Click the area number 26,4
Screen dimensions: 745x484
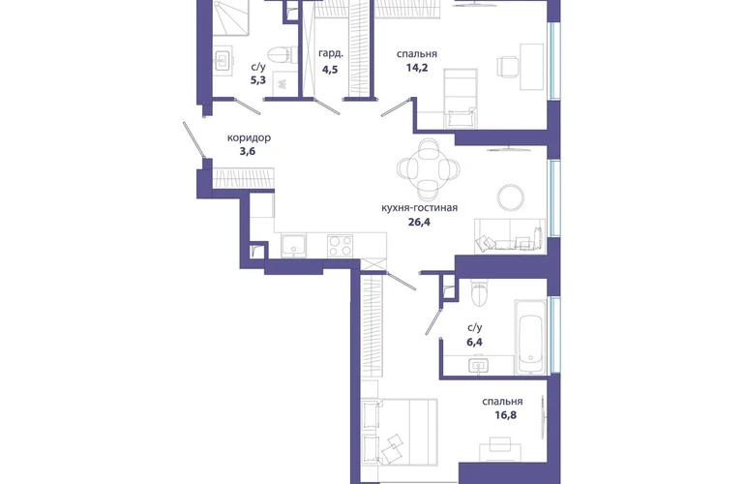(x=419, y=222)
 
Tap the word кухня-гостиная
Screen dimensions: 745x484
(x=420, y=208)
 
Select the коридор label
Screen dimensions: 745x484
(x=249, y=137)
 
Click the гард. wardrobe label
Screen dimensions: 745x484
(x=331, y=54)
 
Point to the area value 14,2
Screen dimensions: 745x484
(x=417, y=68)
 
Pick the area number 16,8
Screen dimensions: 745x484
(x=505, y=415)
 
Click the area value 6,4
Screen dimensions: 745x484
(x=475, y=342)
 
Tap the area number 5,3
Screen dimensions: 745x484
(x=258, y=80)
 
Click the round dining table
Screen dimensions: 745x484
(x=429, y=168)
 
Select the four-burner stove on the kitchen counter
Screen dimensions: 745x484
(x=341, y=246)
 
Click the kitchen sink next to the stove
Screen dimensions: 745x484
(x=293, y=246)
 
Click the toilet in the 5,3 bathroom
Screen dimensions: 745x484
(x=283, y=54)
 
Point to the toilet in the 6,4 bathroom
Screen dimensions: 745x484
(x=479, y=292)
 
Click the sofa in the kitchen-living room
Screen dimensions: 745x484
(x=509, y=236)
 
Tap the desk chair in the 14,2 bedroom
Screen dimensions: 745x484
(x=507, y=66)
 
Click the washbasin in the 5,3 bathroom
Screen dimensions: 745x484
(x=223, y=60)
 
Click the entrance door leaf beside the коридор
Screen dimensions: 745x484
(x=194, y=139)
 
